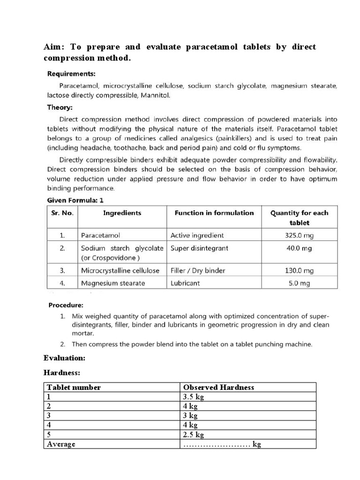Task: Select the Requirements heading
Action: (71, 74)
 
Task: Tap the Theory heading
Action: (60, 107)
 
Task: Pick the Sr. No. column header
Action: (62, 213)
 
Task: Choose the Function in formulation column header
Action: (214, 213)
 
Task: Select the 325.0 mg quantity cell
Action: (299, 235)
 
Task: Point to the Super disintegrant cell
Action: (199, 248)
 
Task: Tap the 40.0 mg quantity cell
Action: (299, 248)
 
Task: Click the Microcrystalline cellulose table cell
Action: (120, 270)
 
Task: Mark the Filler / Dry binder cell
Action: (198, 270)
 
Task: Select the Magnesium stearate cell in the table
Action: (113, 283)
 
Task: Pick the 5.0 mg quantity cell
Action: (299, 283)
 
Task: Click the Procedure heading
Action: (66, 305)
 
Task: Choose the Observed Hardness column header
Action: (218, 387)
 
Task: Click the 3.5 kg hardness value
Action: (194, 397)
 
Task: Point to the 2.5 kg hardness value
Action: (194, 435)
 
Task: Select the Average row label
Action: (60, 444)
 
